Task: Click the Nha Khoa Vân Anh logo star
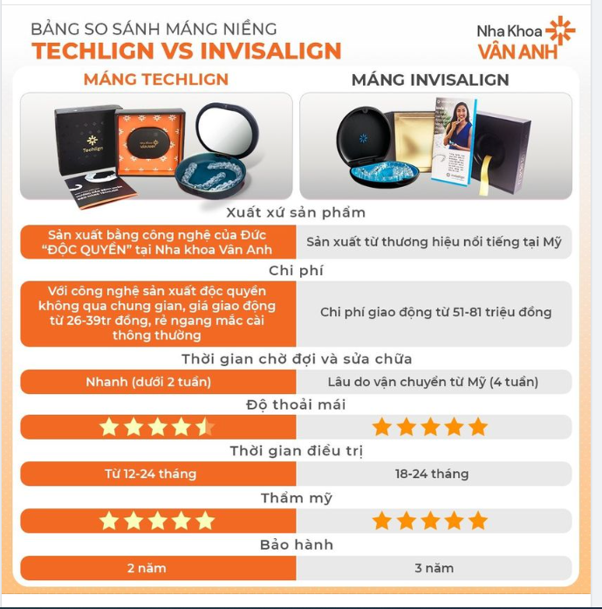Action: tap(560, 31)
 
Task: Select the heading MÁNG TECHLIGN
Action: tap(156, 80)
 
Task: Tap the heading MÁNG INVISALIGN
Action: tap(430, 80)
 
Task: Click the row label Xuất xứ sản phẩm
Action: tap(296, 212)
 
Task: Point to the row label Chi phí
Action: tap(296, 270)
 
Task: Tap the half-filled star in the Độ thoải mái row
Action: tap(204, 427)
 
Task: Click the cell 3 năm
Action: tap(434, 568)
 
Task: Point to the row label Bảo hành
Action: tap(296, 544)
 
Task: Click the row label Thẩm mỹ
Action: tap(296, 498)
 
